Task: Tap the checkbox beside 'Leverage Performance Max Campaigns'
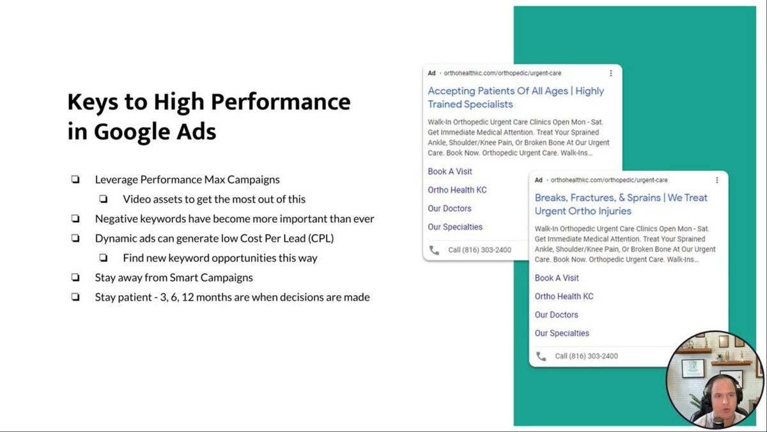coord(75,180)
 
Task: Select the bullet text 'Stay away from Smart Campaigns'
coord(174,278)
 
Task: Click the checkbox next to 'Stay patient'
coord(75,297)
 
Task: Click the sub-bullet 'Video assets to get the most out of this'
coord(214,199)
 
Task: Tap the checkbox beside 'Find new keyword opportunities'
coord(104,258)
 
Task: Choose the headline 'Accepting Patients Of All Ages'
coord(499,91)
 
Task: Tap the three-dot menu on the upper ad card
coord(610,74)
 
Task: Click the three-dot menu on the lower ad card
coord(717,180)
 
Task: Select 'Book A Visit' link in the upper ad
coord(450,172)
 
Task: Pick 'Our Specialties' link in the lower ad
coord(562,333)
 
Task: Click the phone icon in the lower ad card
coord(541,356)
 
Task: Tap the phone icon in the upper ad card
coord(434,250)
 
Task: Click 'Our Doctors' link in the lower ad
coord(557,315)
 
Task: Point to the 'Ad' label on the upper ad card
coord(432,74)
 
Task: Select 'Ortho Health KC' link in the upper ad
coord(457,190)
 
